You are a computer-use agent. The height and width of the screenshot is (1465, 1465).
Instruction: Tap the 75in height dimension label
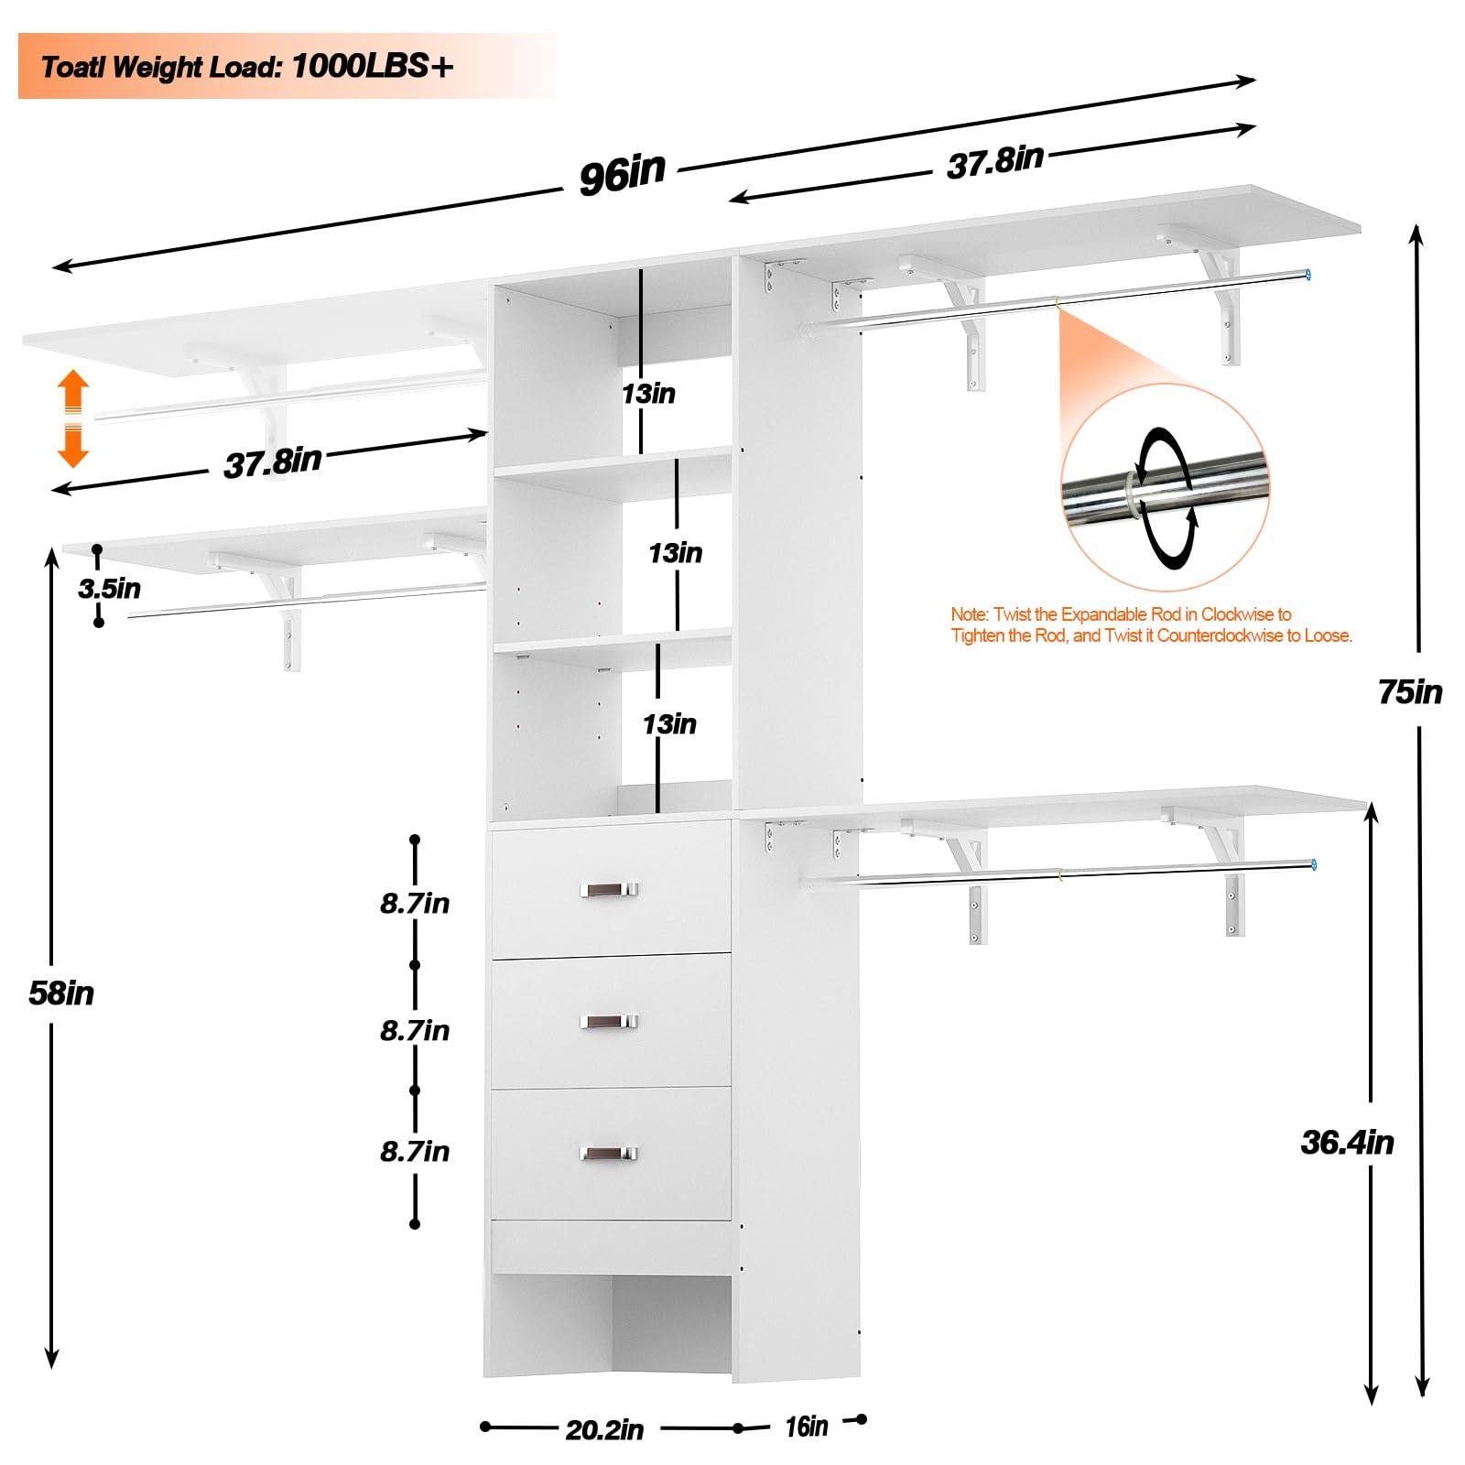(x=1410, y=692)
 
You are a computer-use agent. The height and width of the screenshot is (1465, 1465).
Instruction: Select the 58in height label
(x=61, y=993)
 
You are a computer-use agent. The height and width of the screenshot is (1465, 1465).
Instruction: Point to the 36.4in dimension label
(x=1347, y=1143)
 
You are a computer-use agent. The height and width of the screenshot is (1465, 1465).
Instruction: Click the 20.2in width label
(x=604, y=1429)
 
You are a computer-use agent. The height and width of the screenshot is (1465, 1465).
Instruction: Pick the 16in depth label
(x=806, y=1427)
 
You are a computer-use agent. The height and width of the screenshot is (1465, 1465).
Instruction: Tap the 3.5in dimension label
(x=110, y=588)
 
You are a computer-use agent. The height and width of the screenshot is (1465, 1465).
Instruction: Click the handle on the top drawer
(x=609, y=889)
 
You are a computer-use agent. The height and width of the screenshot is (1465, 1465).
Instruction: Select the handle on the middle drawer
(x=609, y=1021)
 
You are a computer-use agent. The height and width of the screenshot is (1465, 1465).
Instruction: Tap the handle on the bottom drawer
(x=609, y=1154)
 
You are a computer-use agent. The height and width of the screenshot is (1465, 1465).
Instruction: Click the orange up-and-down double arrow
(x=73, y=418)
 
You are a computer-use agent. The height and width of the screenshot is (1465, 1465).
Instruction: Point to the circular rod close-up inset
(x=1166, y=488)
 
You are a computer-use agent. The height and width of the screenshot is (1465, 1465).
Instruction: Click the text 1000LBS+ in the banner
(x=373, y=66)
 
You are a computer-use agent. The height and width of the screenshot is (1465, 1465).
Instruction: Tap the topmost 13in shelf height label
(x=648, y=394)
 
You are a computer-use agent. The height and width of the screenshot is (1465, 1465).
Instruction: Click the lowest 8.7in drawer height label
(x=415, y=1152)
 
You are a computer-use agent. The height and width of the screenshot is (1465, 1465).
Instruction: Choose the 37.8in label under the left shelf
(x=273, y=461)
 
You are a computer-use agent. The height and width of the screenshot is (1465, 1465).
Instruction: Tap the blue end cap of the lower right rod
(x=1313, y=864)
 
